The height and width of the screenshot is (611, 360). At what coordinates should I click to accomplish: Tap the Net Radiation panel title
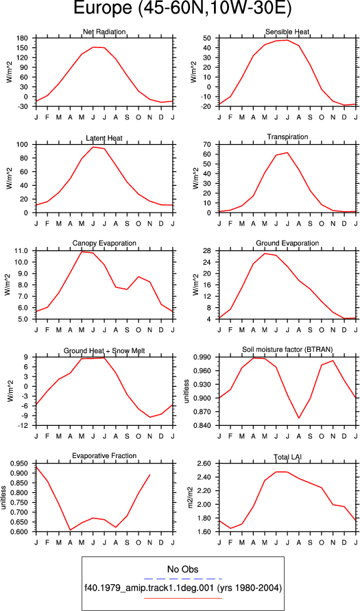104,32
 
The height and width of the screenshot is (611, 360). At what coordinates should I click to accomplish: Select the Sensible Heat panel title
287,32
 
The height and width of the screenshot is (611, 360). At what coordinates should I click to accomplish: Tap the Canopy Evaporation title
104,243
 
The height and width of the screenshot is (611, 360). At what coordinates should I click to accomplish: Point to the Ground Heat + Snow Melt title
104,351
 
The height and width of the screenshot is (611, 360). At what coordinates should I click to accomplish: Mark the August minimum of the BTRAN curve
298,418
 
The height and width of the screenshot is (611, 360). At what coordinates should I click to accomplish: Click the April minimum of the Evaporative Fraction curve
70,530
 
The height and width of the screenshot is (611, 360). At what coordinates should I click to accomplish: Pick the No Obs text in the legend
182,570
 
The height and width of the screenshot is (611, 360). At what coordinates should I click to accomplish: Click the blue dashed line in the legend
182,578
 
